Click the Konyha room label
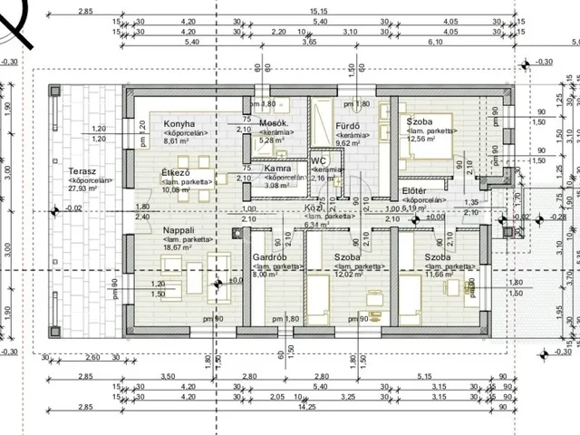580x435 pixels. (179, 124)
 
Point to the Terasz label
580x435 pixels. (82, 170)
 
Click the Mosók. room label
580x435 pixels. (274, 123)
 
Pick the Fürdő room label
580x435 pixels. (349, 124)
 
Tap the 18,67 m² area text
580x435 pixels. (179, 247)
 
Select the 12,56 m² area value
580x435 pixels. (422, 140)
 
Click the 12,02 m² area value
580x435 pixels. (349, 275)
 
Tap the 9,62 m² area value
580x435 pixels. (349, 141)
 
